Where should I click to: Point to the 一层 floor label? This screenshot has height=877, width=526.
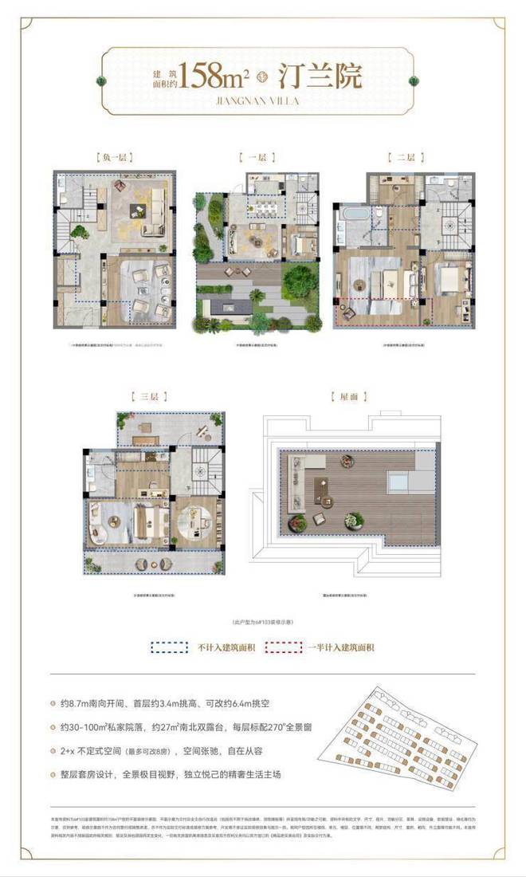(x=254, y=158)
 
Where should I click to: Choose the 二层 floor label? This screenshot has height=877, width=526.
(x=400, y=158)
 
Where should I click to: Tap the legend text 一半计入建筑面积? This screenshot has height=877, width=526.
(x=340, y=647)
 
